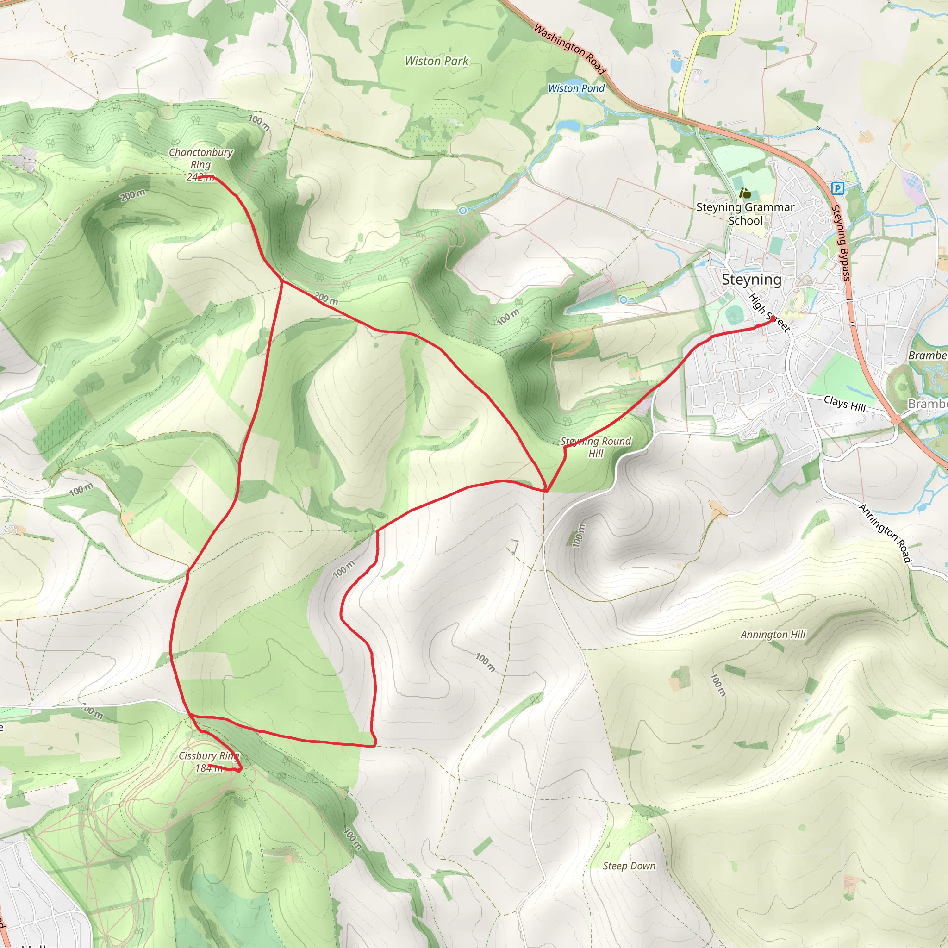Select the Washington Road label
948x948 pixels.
pos(570,49)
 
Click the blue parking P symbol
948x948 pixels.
pos(837,188)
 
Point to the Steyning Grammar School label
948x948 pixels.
pos(745,214)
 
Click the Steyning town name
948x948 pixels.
pos(751,280)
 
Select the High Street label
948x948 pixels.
pos(768,312)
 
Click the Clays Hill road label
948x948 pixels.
pos(844,404)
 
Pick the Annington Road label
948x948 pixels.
pos(885,533)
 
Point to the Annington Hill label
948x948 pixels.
pos(773,635)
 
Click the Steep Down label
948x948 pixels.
pos(629,866)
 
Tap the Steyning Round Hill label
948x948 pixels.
pos(596,447)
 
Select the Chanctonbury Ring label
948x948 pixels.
pos(201,158)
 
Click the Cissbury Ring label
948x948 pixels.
pos(209,755)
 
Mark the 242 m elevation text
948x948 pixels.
pos(200,177)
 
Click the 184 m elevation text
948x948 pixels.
pos(209,768)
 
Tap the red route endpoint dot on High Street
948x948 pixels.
pos(773,319)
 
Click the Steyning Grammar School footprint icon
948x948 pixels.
pos(745,194)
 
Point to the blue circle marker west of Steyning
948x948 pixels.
pos(623,300)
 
